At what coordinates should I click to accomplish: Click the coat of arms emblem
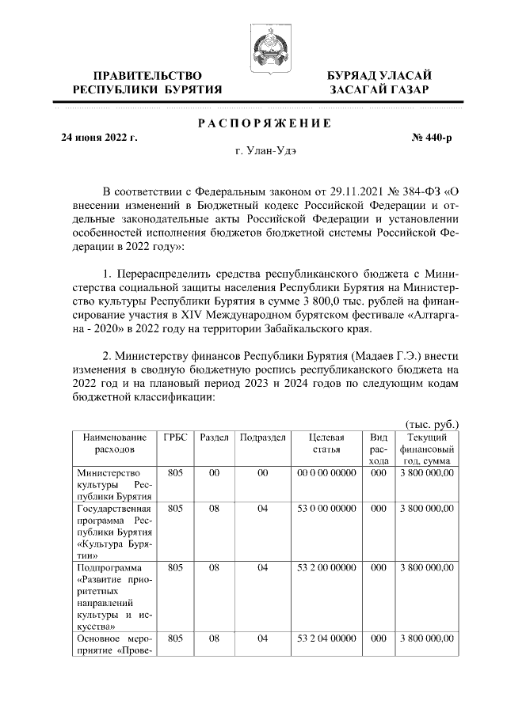click(x=269, y=46)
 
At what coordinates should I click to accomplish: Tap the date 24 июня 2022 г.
click(x=100, y=138)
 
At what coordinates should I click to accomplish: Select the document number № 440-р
click(x=432, y=138)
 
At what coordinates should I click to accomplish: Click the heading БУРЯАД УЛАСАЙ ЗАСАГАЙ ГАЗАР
click(x=379, y=82)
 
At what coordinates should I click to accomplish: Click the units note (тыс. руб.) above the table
click(x=432, y=424)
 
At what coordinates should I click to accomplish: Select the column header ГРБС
click(x=176, y=438)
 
